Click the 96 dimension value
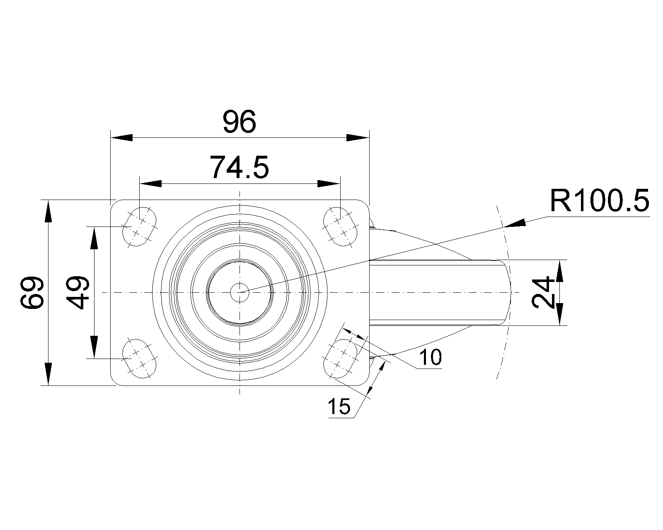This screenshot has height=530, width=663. point(240,122)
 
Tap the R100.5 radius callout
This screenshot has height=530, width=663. point(599,201)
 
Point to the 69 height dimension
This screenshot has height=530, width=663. point(33,293)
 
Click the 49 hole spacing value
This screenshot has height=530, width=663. point(78,293)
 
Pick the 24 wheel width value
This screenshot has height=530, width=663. point(543,293)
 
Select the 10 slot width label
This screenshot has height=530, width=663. point(431,357)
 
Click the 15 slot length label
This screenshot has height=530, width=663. point(339,407)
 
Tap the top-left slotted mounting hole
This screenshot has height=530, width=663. point(140,227)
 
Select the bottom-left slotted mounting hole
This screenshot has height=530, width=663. point(140,358)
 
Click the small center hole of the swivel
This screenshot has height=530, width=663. point(240,292)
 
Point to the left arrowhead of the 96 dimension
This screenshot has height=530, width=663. point(121,138)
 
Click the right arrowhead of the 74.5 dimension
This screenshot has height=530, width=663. point(329,183)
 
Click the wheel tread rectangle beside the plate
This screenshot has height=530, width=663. point(437,292)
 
